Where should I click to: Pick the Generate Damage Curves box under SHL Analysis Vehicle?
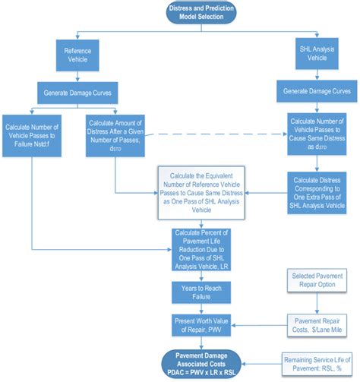point(315,90)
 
